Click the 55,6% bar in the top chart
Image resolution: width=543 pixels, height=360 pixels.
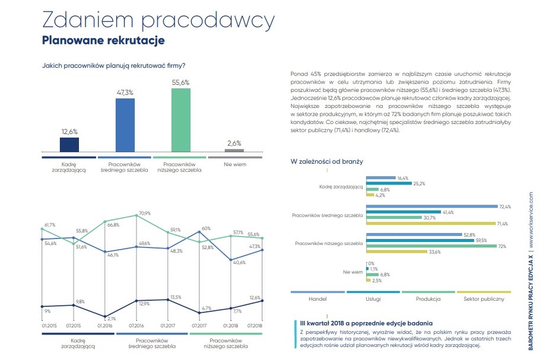coord(181,120)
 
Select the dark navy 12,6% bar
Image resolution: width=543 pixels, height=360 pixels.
coord(69,145)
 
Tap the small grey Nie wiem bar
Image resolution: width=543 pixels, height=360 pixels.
coord(234,151)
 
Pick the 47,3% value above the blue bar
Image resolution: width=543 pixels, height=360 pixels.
coord(125,93)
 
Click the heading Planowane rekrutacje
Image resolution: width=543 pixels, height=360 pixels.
coord(103,41)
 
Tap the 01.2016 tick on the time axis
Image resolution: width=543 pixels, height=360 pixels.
coord(105,326)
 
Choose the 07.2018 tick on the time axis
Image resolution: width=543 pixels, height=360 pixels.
coord(255,326)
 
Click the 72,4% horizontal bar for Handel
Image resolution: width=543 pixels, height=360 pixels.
coord(431,206)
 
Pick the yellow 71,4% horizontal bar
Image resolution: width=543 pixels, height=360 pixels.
coord(431,223)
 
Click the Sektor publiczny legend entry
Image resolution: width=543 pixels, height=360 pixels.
coord(484,299)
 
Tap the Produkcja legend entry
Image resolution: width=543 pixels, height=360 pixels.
coord(427,299)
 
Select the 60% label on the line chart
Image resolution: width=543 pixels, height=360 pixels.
coord(207,228)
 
